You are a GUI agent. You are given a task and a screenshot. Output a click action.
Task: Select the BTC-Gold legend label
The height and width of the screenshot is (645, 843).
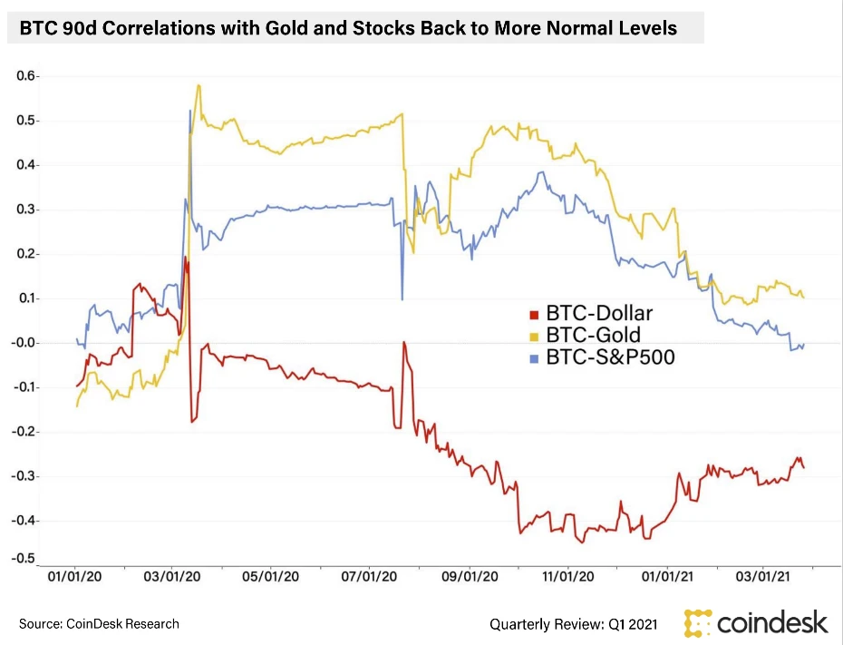pyautogui.click(x=592, y=336)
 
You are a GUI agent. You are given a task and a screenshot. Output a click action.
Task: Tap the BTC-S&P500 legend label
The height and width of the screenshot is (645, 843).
pyautogui.click(x=610, y=357)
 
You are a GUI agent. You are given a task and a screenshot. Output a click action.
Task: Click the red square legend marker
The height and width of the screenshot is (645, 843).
pyautogui.click(x=535, y=315)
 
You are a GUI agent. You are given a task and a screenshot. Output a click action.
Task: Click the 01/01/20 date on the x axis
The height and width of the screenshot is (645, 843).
pyautogui.click(x=74, y=576)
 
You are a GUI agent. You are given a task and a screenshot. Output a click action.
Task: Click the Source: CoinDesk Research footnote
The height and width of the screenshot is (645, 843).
pyautogui.click(x=99, y=624)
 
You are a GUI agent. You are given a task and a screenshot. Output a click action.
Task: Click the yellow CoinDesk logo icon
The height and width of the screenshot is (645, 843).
pyautogui.click(x=698, y=623)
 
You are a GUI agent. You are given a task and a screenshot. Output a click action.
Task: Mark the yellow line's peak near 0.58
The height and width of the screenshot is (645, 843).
pyautogui.click(x=198, y=85)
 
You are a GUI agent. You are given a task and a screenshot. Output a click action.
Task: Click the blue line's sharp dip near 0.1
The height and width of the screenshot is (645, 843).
pyautogui.click(x=402, y=299)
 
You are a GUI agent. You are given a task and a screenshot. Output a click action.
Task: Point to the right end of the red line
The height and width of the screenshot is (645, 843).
pyautogui.click(x=804, y=467)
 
